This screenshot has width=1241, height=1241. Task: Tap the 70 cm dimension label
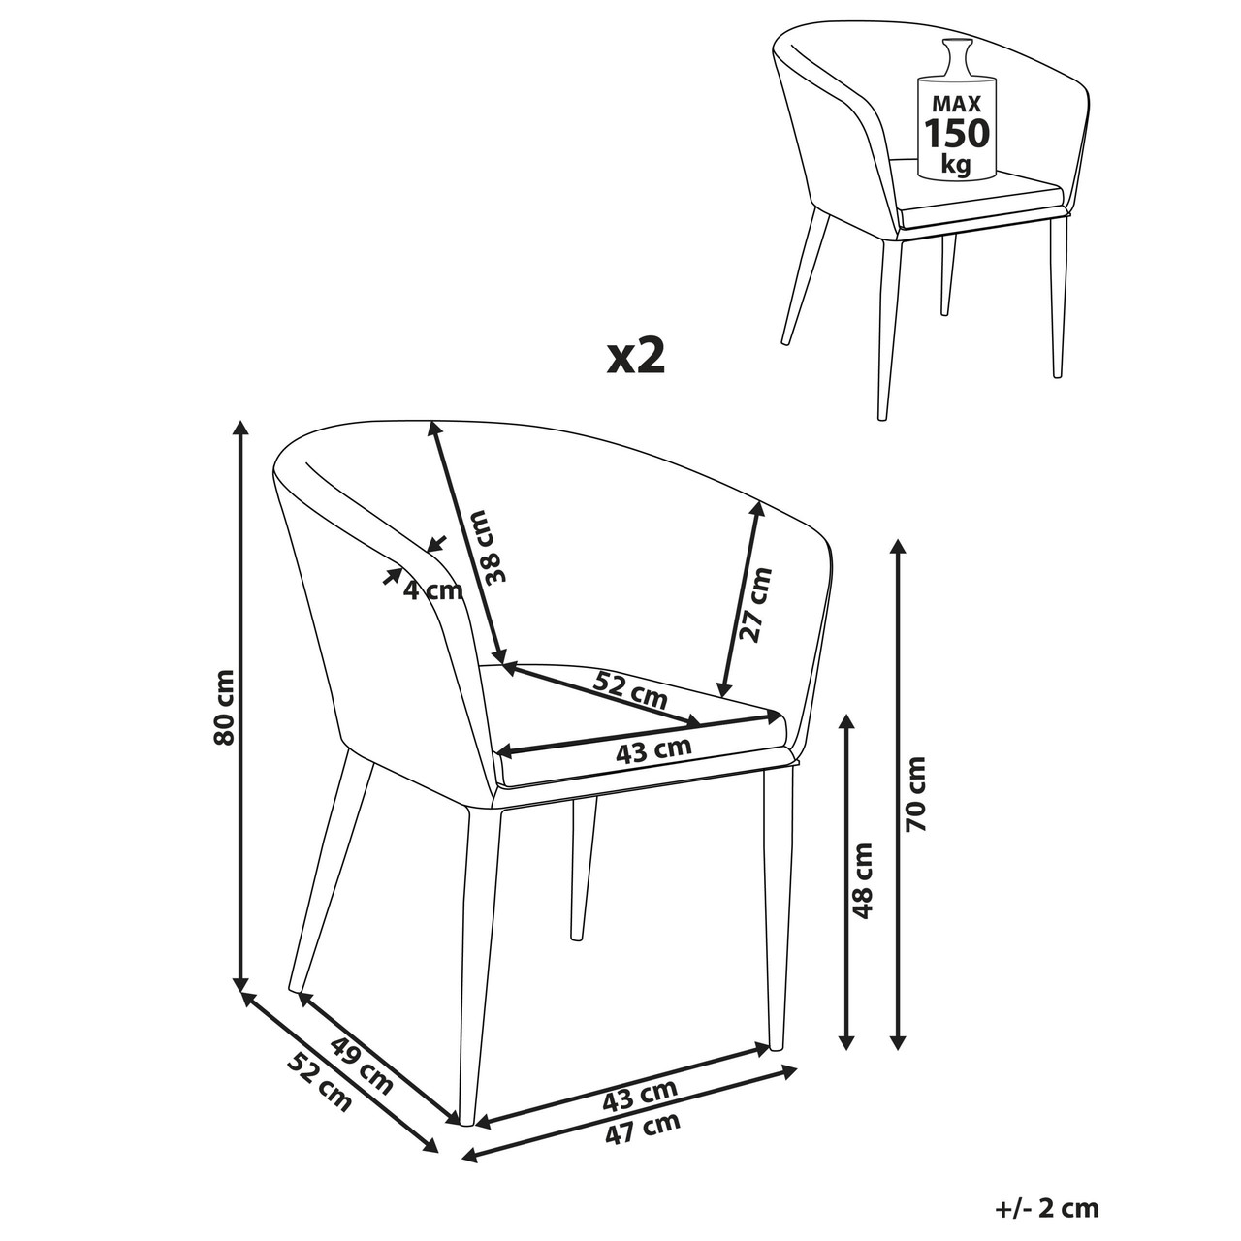click(x=915, y=794)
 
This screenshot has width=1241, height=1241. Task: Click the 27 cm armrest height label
click(x=756, y=605)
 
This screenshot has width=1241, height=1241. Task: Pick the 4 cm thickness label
click(x=432, y=589)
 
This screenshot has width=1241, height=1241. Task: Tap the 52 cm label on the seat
click(x=629, y=689)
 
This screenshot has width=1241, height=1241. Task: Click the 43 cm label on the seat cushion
click(x=653, y=749)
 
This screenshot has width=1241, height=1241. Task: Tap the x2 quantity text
click(x=636, y=358)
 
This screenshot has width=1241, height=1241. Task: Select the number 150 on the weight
click(x=957, y=134)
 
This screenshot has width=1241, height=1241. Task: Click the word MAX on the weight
click(x=957, y=104)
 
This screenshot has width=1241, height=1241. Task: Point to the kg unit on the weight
click(x=956, y=165)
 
